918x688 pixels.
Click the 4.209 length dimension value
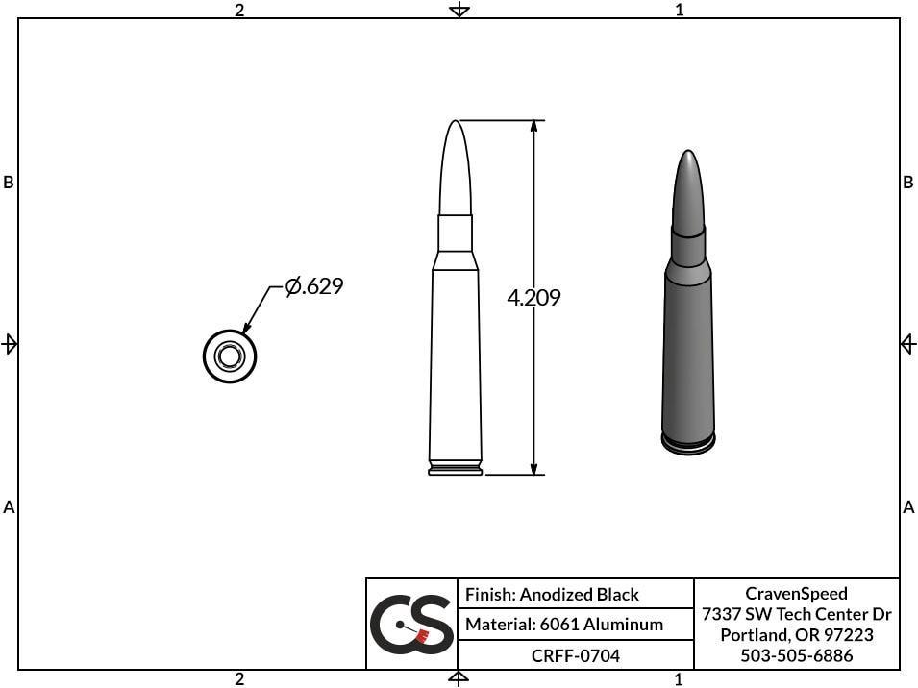pos(533,298)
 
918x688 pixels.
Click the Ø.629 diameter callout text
pos(314,286)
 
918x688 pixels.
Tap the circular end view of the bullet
pos(230,356)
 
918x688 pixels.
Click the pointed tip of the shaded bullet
pos(686,155)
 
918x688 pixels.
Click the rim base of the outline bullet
pos(456,470)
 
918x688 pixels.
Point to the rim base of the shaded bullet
pos(688,444)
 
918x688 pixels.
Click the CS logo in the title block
pos(411,625)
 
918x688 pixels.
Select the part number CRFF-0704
pos(576,656)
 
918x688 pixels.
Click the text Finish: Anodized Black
pos(552,595)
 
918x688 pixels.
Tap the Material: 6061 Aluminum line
pos(564,625)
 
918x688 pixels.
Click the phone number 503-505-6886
pos(796,656)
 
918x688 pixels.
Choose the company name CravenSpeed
pos(796,594)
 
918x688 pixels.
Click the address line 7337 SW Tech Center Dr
pos(796,615)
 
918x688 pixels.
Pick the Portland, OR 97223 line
pos(796,635)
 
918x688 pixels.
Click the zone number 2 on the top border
pos(239,10)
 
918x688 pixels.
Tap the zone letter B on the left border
pos(9,183)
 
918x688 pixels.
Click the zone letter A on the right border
pos(908,507)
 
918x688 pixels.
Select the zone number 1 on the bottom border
pos(679,679)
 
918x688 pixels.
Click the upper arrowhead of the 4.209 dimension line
pos(533,128)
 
